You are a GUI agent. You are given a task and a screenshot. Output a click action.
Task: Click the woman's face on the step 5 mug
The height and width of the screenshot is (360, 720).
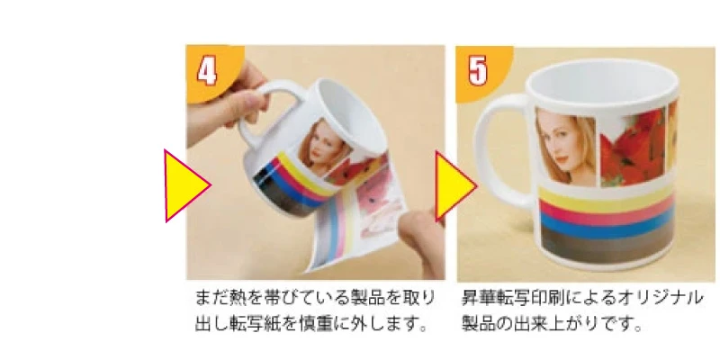coord(565,146)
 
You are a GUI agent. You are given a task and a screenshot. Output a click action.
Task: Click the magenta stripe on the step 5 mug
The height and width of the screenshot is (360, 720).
coord(607,213)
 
